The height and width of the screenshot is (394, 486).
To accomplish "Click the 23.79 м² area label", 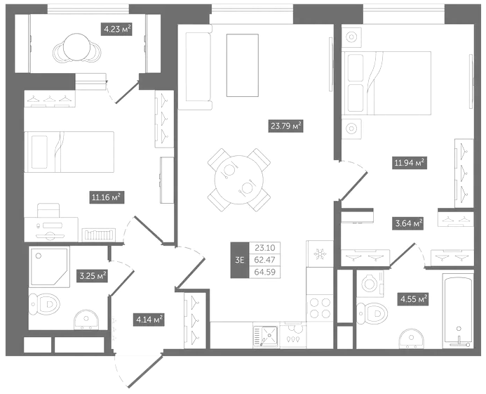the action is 285,126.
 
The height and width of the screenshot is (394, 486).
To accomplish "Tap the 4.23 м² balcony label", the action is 117,29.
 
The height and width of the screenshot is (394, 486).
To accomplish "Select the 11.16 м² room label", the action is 107,197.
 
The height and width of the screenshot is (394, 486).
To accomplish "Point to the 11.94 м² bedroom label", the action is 410,162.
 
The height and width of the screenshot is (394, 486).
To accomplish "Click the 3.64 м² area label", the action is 408,223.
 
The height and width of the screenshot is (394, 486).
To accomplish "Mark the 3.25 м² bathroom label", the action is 93,276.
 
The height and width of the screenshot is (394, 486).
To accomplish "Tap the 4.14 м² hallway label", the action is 149,320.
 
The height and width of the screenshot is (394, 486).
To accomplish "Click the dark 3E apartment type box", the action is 240,260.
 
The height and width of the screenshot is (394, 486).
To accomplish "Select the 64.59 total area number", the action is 264,272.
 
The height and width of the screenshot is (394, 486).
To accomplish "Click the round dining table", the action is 239,180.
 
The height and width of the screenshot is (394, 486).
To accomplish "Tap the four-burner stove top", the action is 320,308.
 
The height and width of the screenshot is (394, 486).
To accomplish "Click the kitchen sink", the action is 266,335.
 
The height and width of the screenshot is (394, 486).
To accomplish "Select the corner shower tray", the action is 49,267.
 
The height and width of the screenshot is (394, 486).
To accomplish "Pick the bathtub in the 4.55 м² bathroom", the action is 457,310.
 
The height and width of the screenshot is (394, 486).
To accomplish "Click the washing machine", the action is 370,283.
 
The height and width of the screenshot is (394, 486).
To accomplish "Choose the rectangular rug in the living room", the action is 243,65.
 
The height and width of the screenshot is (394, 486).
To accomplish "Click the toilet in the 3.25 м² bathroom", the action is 44,303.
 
